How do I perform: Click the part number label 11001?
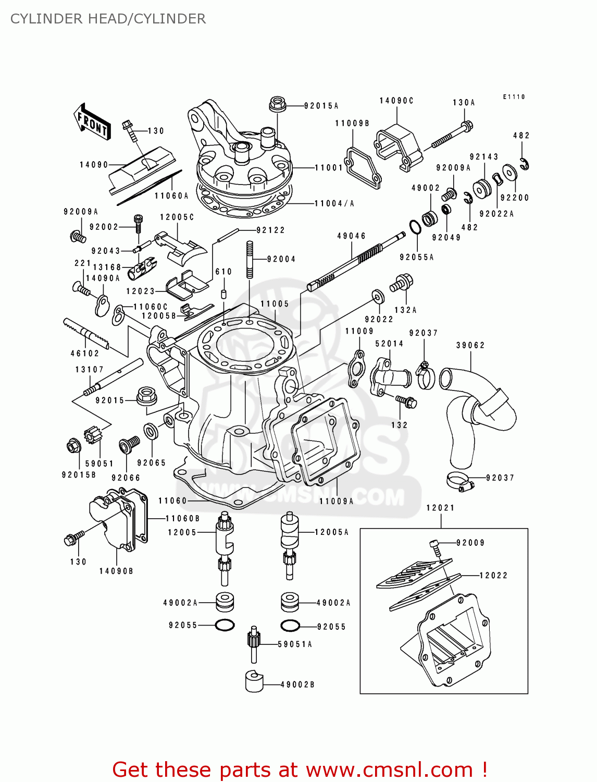click(329, 168)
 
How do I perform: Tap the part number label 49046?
click(352, 236)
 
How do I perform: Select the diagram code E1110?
click(514, 97)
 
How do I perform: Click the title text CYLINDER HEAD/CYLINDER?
click(108, 19)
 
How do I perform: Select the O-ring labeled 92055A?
click(415, 228)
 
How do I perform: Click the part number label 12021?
click(440, 508)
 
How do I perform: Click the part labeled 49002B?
click(254, 681)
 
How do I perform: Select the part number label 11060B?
click(182, 519)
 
